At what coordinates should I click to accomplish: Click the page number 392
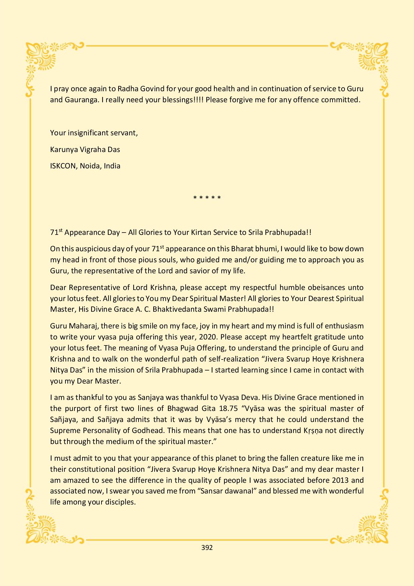[207, 548]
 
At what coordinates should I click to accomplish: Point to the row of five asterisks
[207, 198]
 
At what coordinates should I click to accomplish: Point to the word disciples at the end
[120, 502]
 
